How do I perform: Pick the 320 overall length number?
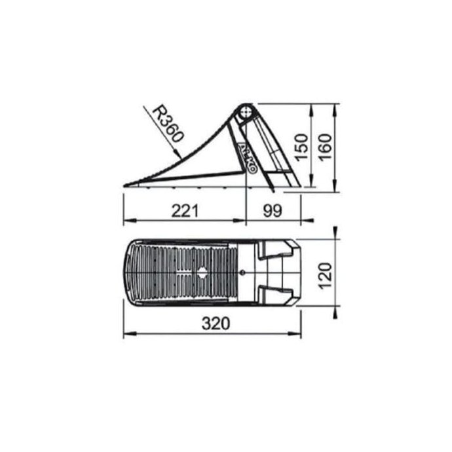(212, 324)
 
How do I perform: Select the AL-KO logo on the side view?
(248, 157)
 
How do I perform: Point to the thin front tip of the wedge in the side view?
(126, 185)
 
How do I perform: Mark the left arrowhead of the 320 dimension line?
(126, 333)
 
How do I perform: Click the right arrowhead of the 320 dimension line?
(300, 333)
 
